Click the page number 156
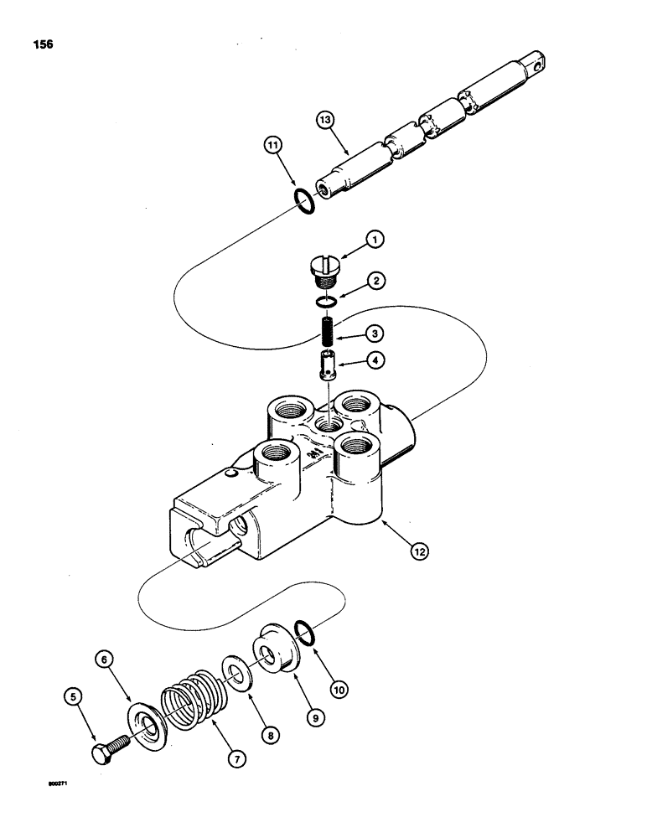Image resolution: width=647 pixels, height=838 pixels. point(43,44)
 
